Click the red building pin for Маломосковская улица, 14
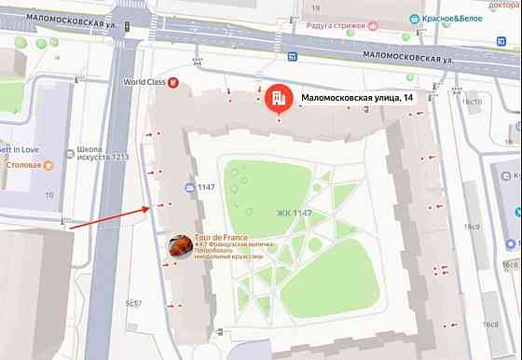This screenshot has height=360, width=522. (277, 98)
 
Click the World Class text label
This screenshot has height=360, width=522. (144, 82)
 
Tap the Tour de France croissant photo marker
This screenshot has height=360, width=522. (180, 246)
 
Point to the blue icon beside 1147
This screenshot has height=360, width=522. (188, 187)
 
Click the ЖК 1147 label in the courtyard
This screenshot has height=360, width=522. (294, 214)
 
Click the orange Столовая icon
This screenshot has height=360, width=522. (49, 165)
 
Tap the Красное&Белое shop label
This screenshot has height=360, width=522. (443, 20)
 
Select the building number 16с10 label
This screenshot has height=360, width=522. (474, 102)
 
